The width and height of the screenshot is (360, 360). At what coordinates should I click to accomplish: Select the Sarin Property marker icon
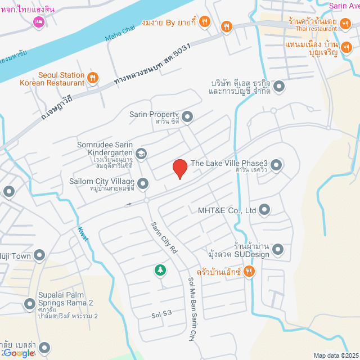(187, 117)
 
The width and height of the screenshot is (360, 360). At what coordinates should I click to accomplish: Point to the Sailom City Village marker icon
(143, 183)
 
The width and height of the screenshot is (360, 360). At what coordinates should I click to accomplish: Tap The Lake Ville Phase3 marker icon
(276, 165)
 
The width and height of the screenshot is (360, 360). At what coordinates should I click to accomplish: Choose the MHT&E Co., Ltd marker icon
(265, 211)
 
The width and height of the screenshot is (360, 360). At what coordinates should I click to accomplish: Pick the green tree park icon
(161, 271)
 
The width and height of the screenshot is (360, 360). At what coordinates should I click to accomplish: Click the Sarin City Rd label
(164, 237)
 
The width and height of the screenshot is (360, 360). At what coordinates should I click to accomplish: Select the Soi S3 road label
(161, 313)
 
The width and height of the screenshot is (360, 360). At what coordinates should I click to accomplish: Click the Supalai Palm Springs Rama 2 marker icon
(30, 304)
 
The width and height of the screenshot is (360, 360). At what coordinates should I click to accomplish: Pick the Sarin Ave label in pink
(344, 6)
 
